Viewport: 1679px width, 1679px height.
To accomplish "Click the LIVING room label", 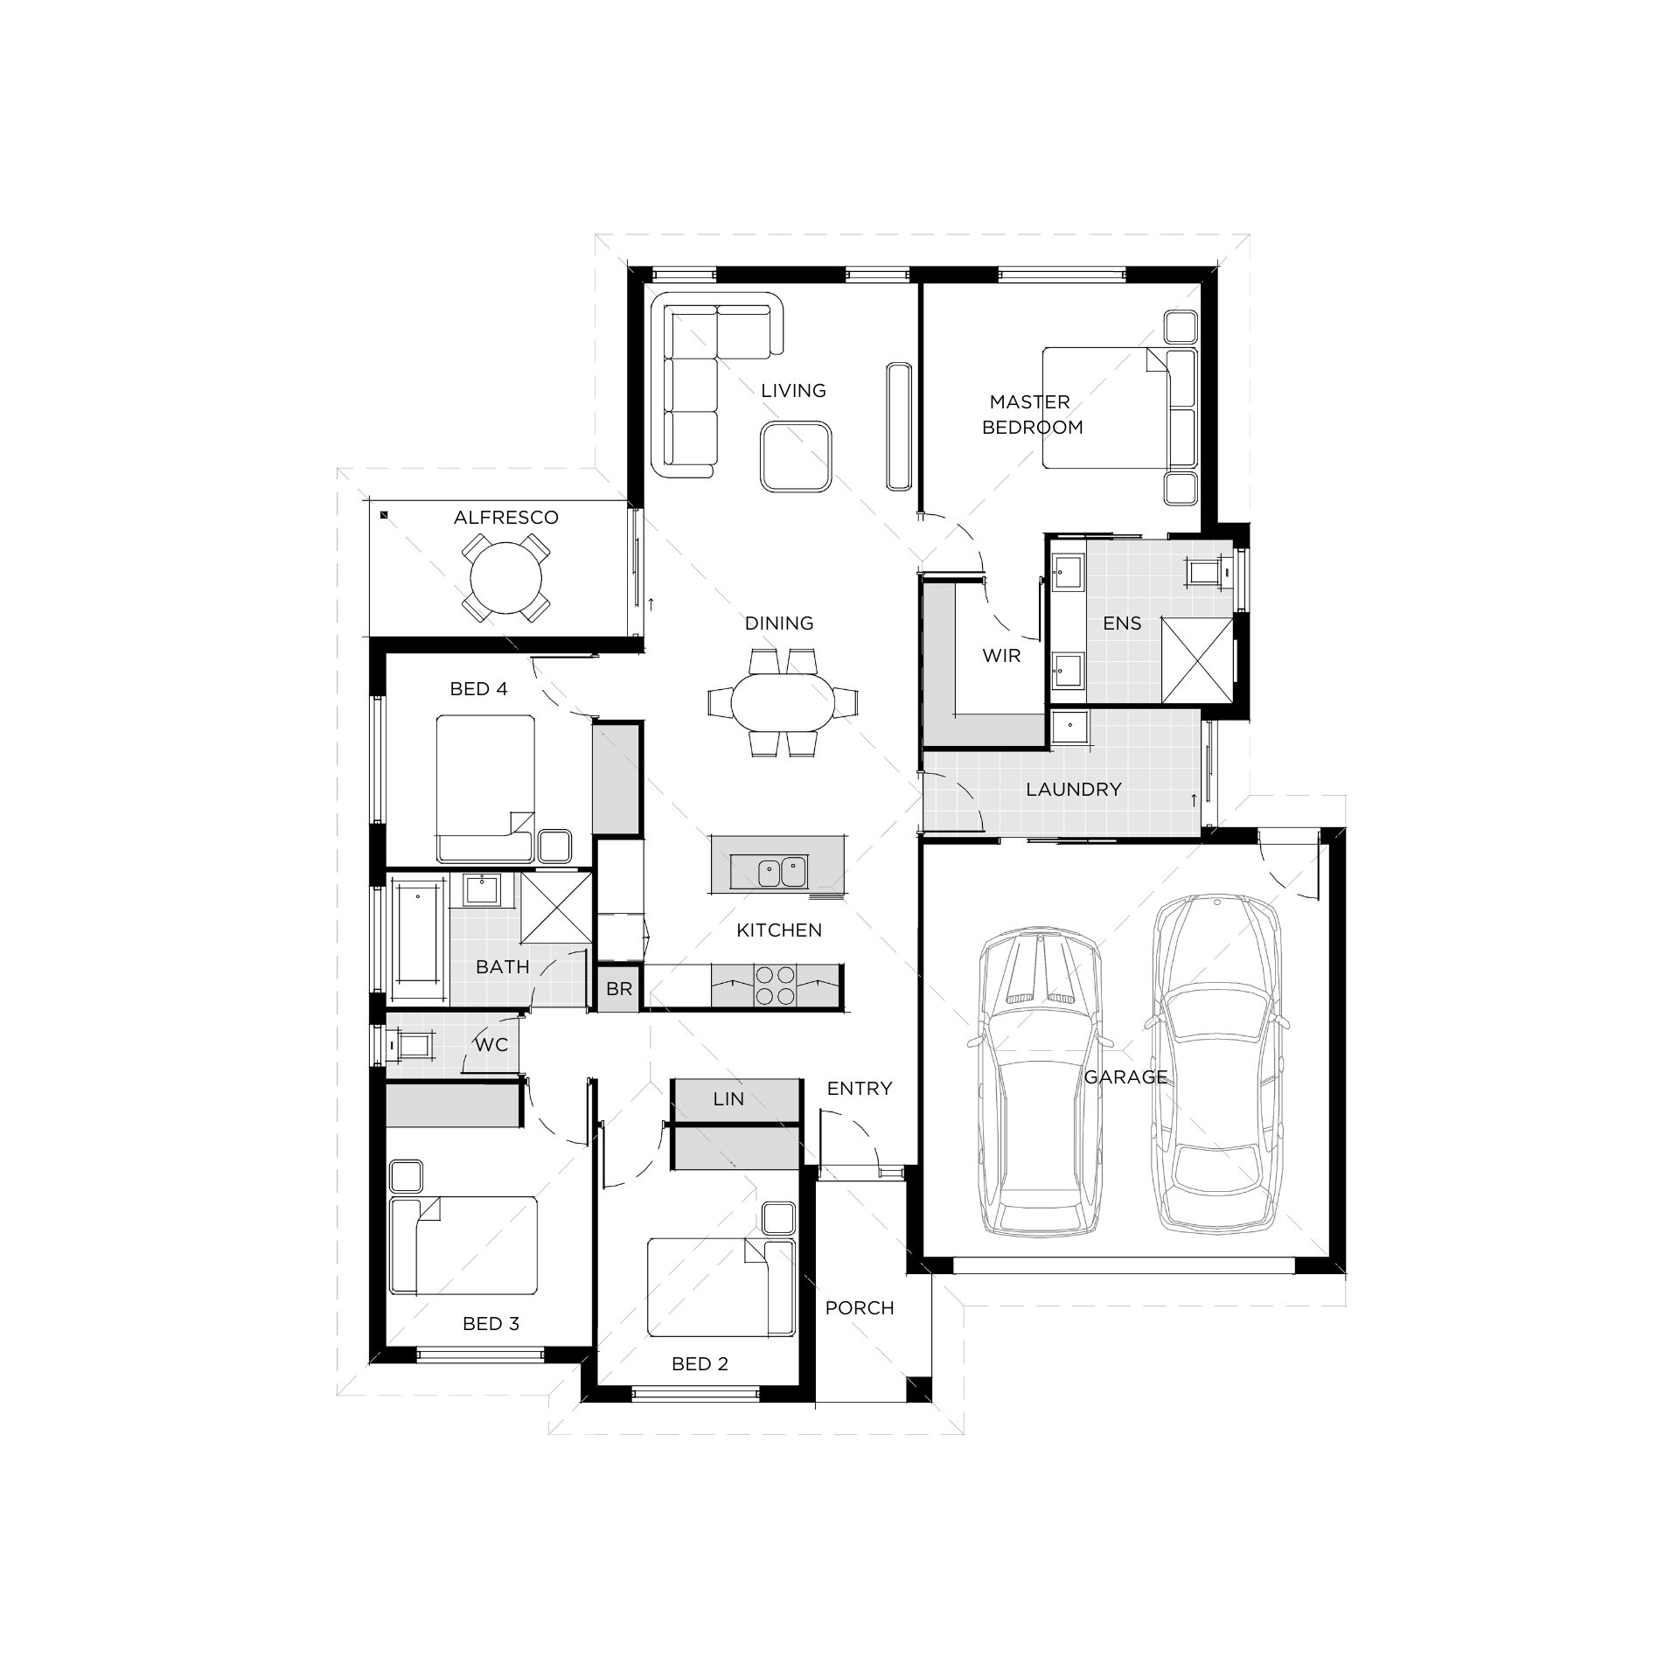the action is (793, 391).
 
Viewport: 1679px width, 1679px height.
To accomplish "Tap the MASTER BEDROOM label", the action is (1032, 415).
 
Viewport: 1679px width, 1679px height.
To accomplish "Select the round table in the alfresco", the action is (505, 578).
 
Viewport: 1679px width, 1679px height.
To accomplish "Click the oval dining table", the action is (784, 702).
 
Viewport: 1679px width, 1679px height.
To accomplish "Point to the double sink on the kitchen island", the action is (782, 872).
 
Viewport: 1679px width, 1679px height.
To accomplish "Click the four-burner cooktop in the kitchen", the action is (775, 986).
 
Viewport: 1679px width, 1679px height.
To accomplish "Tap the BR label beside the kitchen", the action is (619, 989).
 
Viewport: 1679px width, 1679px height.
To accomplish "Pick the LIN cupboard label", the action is (728, 1099).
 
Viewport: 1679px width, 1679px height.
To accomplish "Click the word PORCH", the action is (860, 1308).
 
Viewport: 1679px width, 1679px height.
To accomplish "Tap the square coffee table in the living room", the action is (795, 456).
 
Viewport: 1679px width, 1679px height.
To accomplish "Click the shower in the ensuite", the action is (1197, 658).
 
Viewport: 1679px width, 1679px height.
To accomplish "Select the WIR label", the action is (1001, 656).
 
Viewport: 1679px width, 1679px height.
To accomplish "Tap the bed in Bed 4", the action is (485, 788).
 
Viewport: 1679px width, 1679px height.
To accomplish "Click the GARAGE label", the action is (1125, 1077).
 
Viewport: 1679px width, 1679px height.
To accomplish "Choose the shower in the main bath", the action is (556, 908).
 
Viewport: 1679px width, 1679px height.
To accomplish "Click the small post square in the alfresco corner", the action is (384, 516).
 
